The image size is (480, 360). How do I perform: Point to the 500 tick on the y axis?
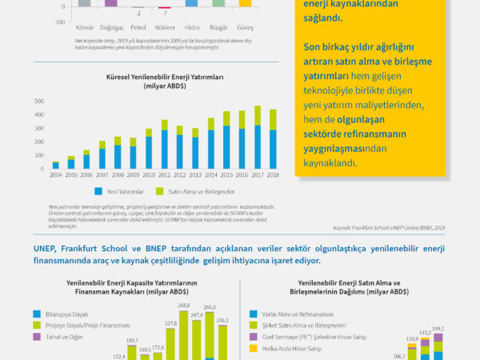38,102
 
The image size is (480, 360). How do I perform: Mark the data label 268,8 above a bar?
206,305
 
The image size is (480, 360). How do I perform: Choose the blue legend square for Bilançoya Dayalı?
37,314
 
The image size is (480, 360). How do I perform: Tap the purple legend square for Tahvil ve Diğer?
37,337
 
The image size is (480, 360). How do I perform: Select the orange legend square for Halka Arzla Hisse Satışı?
254,348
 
